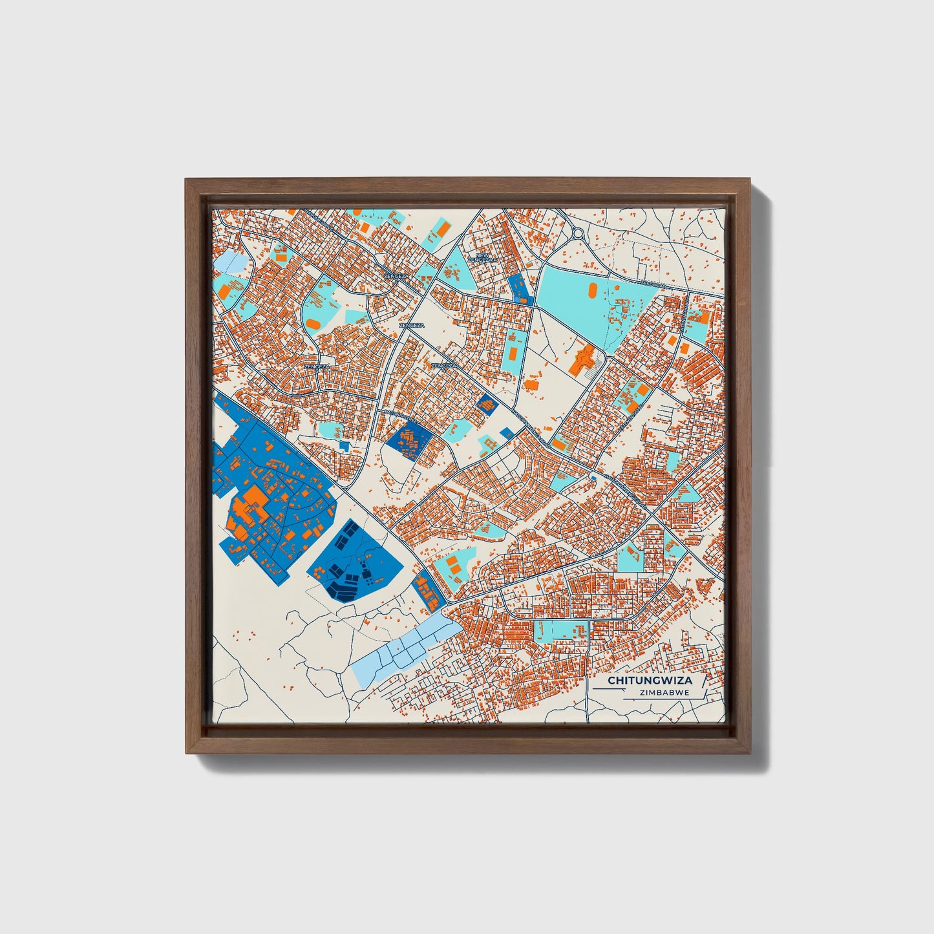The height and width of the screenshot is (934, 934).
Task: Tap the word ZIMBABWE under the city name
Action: coord(664,692)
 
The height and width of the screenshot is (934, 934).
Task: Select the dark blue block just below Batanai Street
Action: coord(408,441)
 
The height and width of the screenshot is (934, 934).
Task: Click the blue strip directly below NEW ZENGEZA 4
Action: coord(520,288)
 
